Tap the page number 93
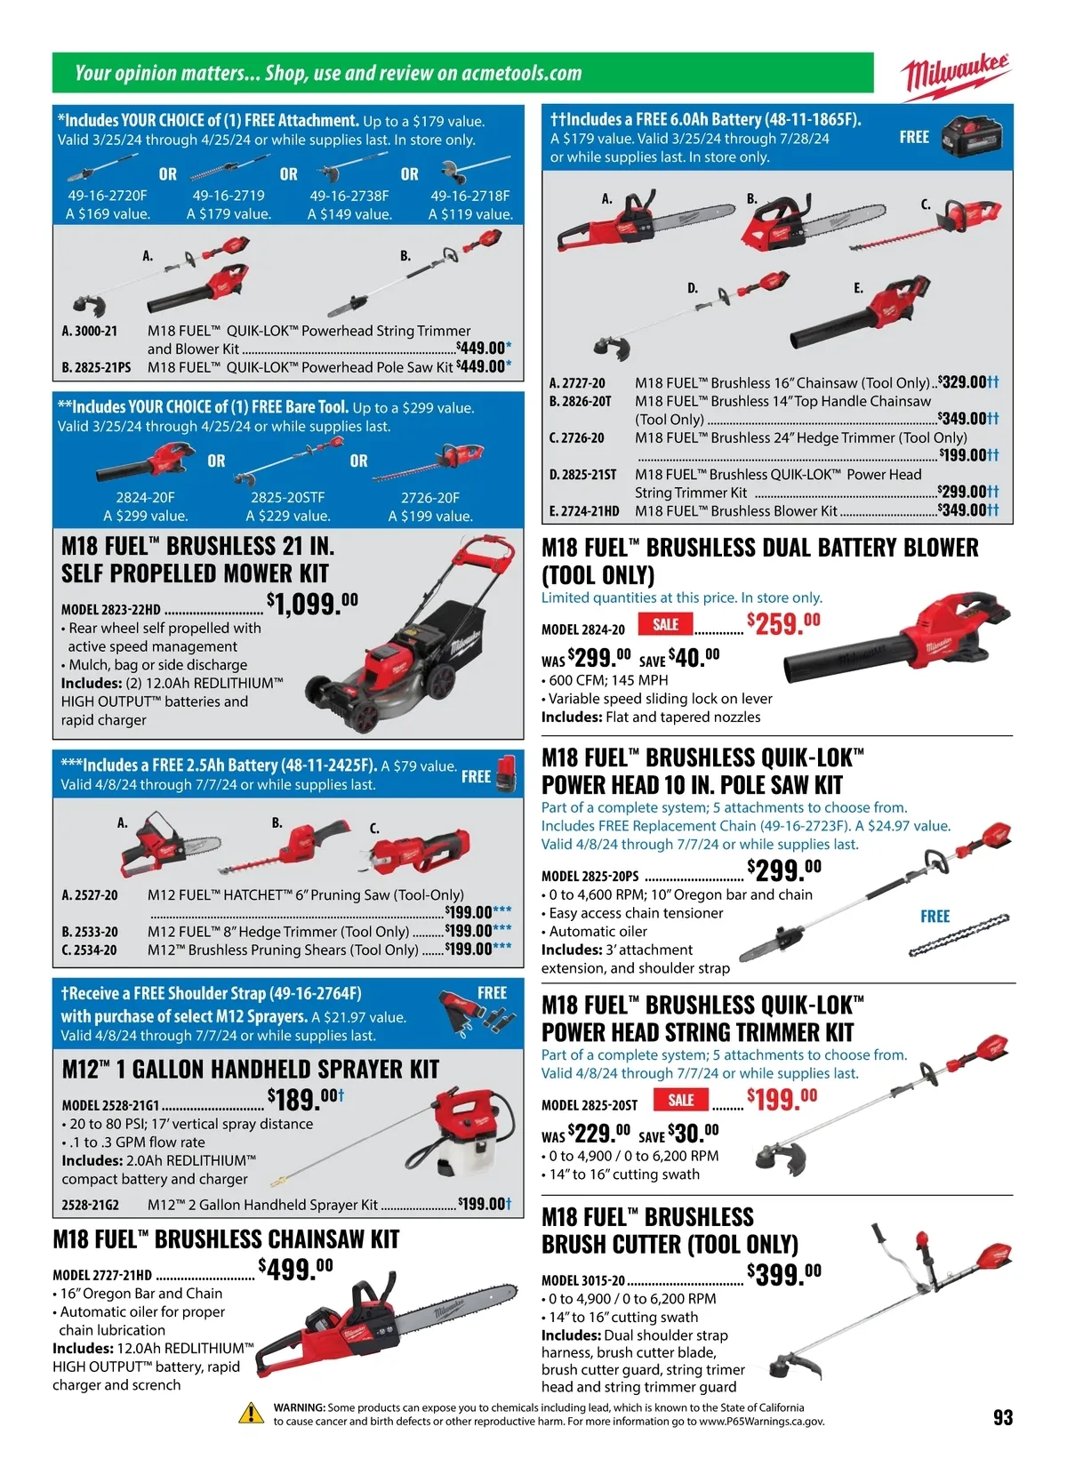pyautogui.click(x=1002, y=1417)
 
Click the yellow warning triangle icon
pyautogui.click(x=252, y=1413)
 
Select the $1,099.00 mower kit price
pyautogui.click(x=312, y=605)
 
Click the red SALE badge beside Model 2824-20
pyautogui.click(x=665, y=625)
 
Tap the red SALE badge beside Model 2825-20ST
pyautogui.click(x=681, y=1101)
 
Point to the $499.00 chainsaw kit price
pyautogui.click(x=295, y=1269)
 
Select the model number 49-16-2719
pyautogui.click(x=229, y=196)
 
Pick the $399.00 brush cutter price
pyautogui.click(x=783, y=1274)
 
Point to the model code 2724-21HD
pyautogui.click(x=584, y=511)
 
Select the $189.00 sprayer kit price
pyautogui.click(x=305, y=1101)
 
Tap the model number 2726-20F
pyautogui.click(x=430, y=498)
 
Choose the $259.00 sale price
pyautogui.click(x=783, y=623)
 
